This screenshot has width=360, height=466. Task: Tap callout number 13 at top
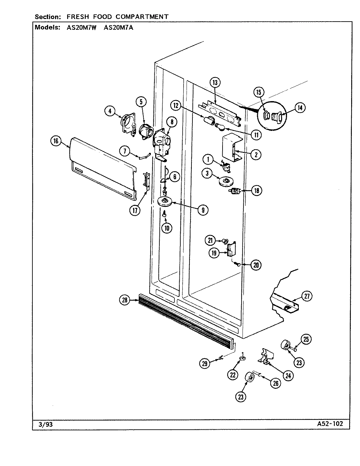pos(215,82)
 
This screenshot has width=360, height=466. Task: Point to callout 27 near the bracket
pos(307,296)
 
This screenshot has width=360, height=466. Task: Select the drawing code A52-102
pos(330,424)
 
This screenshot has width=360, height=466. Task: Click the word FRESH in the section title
pos(76,16)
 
